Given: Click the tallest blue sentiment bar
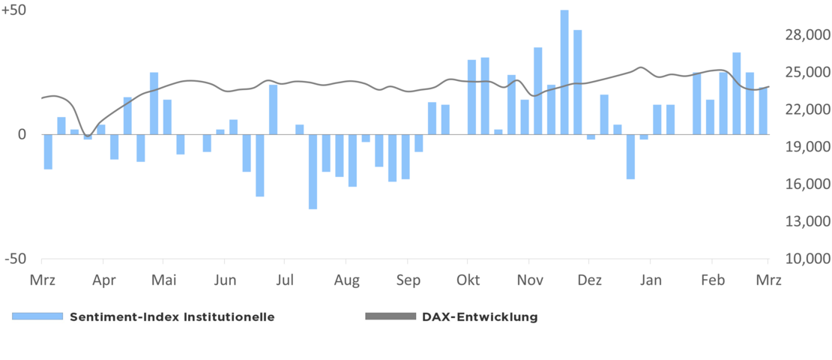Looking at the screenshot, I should (x=564, y=72).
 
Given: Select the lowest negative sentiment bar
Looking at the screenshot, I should (x=313, y=172).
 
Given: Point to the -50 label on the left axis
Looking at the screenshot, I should (x=14, y=259).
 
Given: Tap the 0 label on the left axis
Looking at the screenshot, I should (x=22, y=135).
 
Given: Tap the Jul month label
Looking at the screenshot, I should (x=285, y=280).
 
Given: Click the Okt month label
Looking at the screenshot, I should (x=468, y=280).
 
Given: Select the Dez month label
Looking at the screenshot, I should (x=590, y=280).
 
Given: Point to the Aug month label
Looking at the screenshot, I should (x=346, y=280).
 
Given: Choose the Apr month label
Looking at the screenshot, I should (x=103, y=280).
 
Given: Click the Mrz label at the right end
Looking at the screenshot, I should (x=768, y=280).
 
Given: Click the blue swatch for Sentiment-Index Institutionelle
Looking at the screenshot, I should (x=37, y=316).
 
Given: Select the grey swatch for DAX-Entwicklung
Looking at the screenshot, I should (x=390, y=316).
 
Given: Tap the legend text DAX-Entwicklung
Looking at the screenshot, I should (x=480, y=316).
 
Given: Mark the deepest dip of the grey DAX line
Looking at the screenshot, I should (x=87, y=136).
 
